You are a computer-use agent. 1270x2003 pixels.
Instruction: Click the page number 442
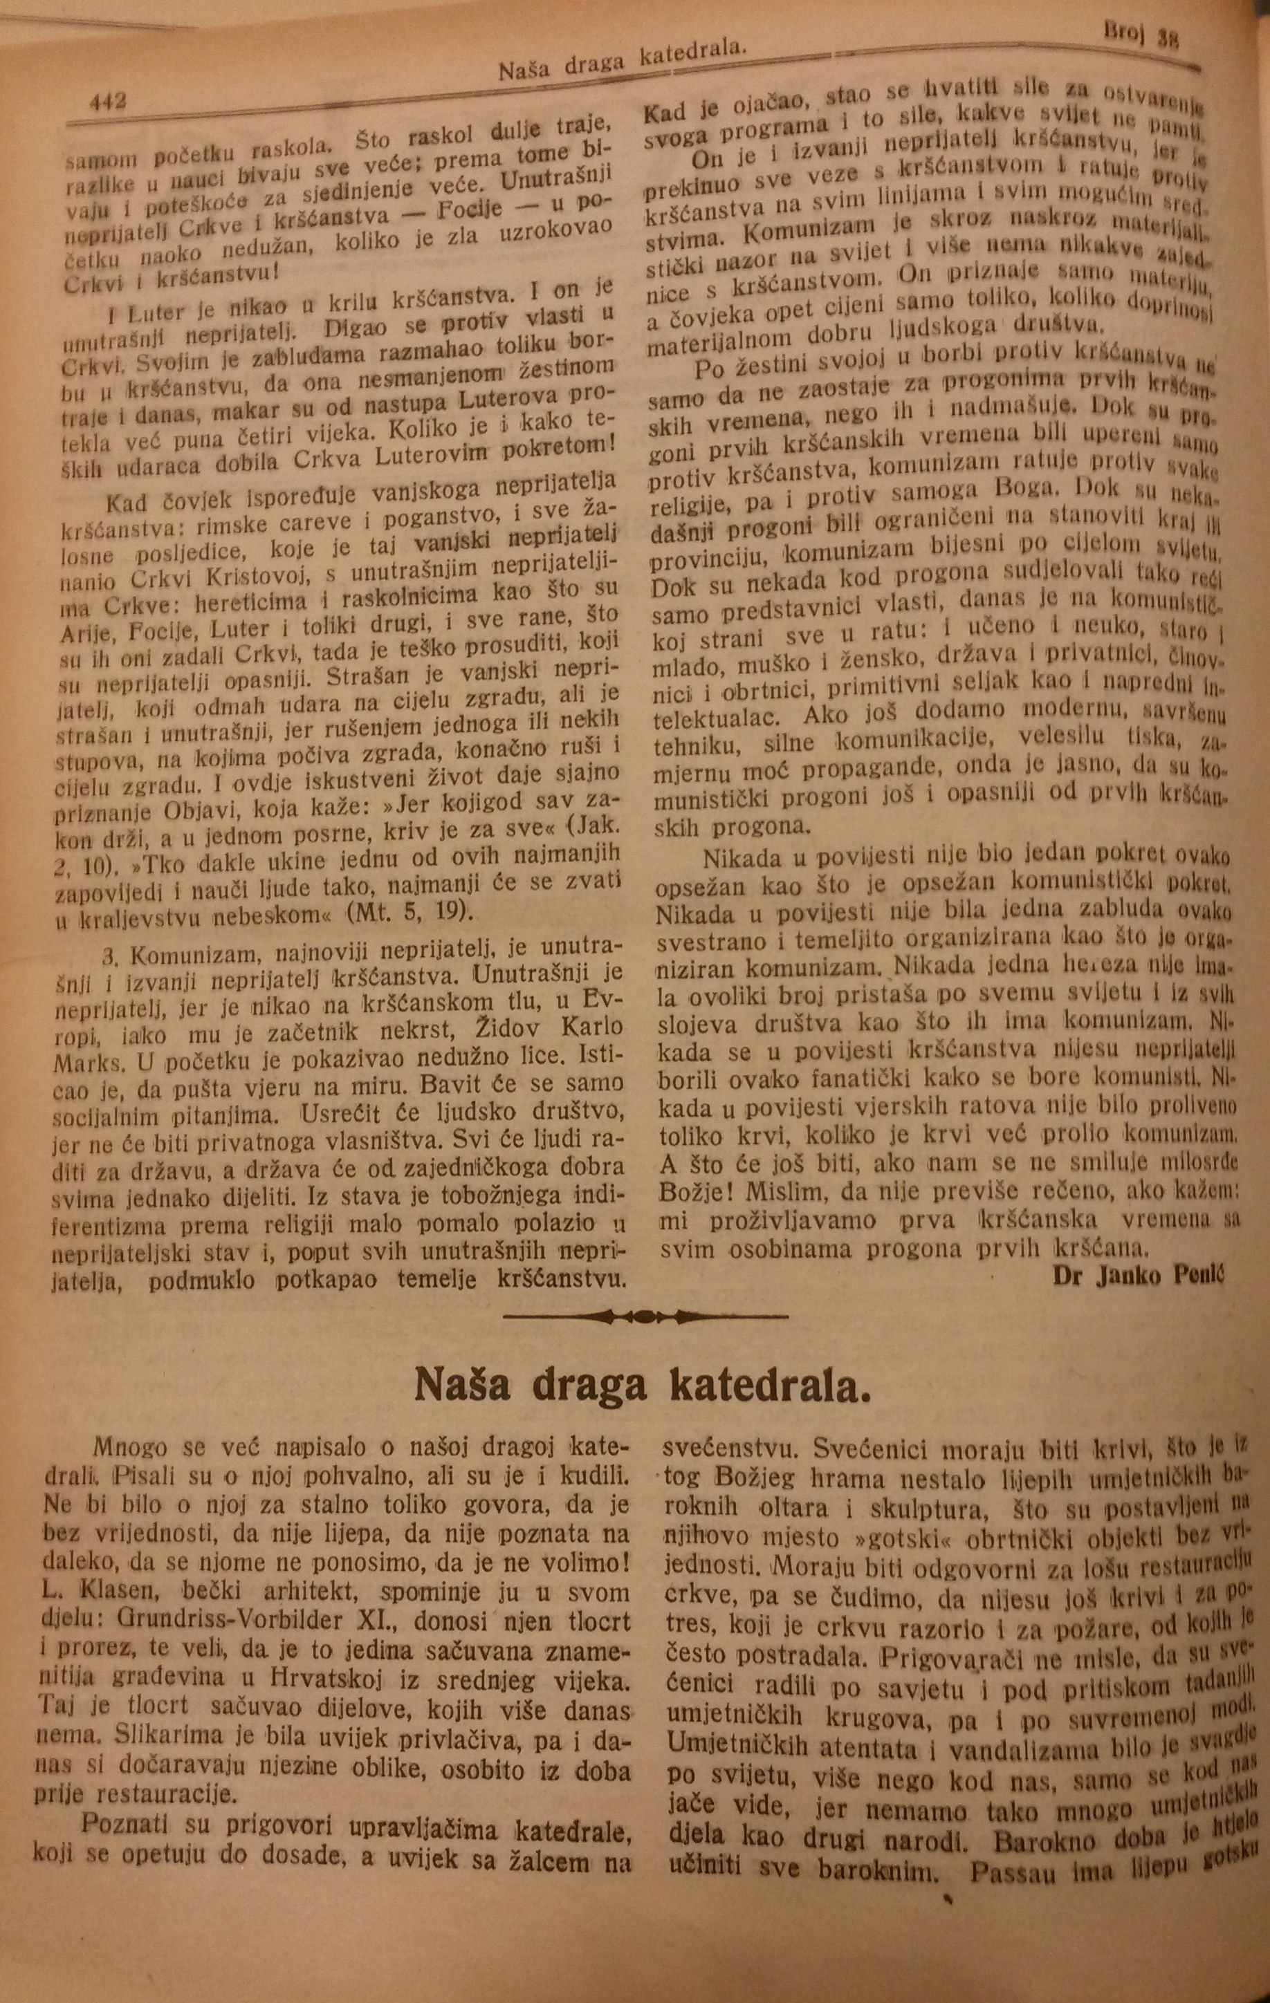tap(106, 102)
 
